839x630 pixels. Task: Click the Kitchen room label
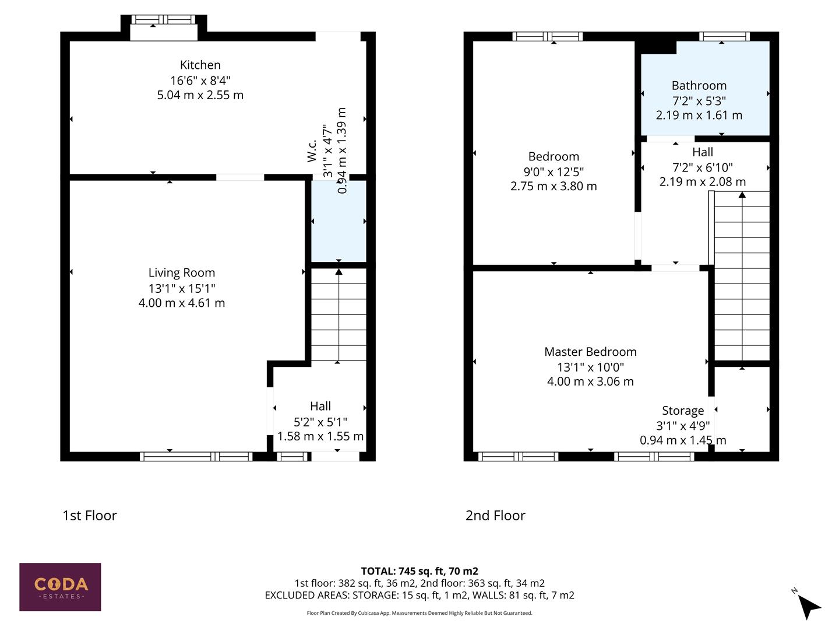(200, 65)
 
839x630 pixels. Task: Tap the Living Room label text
(181, 273)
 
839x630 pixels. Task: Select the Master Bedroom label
(590, 352)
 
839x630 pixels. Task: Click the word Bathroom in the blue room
(699, 86)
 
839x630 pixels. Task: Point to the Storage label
(683, 411)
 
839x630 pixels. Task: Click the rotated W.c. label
(312, 150)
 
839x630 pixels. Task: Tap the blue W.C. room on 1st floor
(339, 222)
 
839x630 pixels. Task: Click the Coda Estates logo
(60, 587)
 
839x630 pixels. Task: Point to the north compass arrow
(808, 605)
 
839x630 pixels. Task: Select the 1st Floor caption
(90, 516)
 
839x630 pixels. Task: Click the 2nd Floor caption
(495, 516)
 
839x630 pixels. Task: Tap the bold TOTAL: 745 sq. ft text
(419, 571)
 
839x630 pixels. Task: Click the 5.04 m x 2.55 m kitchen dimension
(200, 95)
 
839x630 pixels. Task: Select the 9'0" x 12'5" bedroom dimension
(554, 171)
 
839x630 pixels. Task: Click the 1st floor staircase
(339, 315)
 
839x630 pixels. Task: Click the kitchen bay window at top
(164, 20)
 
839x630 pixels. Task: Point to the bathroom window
(724, 37)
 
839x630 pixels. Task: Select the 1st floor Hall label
(320, 407)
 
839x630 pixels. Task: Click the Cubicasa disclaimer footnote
(419, 613)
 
